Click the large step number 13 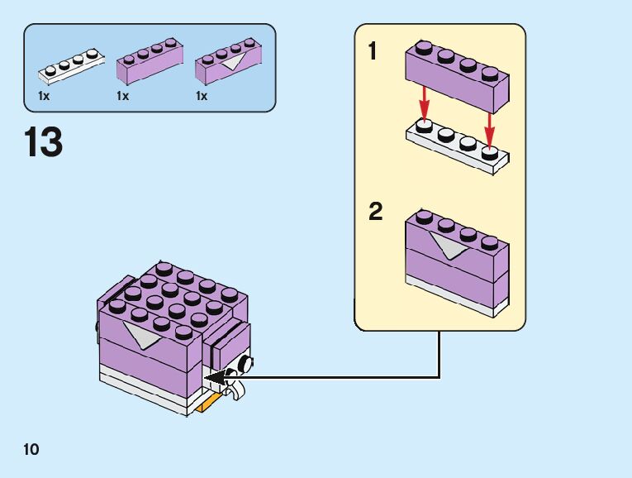click(x=44, y=143)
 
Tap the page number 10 click(x=31, y=450)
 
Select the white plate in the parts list click(x=70, y=68)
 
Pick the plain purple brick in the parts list click(x=150, y=62)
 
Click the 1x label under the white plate click(x=44, y=96)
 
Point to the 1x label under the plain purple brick click(x=123, y=96)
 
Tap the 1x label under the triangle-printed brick click(x=202, y=96)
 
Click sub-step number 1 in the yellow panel click(x=373, y=52)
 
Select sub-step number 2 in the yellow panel click(x=376, y=213)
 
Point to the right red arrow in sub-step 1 click(x=489, y=129)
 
